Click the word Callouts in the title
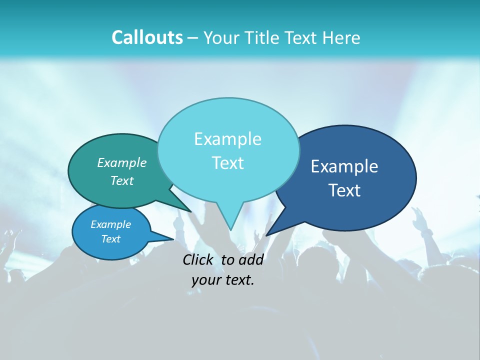pos(147,37)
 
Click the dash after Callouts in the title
pos(193,38)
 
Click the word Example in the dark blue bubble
pos(344,166)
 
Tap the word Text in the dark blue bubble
pos(344,190)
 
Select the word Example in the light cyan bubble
pos(227,139)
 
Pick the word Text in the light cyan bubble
pos(227,163)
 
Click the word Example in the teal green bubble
pos(122,162)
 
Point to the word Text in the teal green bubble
pos(122,180)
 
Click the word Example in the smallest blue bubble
pos(110,224)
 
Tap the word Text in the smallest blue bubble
pos(110,239)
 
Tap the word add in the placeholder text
pos(250,259)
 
